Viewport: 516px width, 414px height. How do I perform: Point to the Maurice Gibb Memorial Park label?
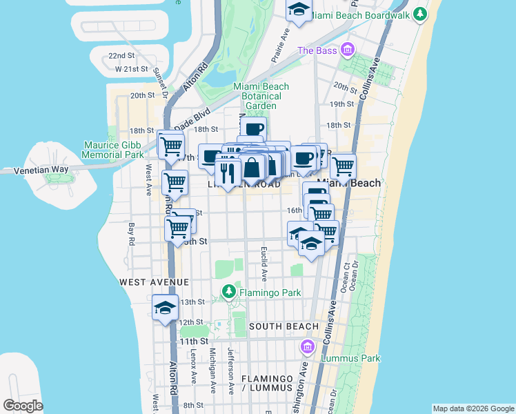coord(114,150)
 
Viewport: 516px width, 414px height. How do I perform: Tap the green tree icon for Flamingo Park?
coord(228,293)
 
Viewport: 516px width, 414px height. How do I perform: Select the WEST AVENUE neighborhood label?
coord(154,282)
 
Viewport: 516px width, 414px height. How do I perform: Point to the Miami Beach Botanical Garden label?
coord(261,96)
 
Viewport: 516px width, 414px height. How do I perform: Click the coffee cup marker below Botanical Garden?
coord(254,128)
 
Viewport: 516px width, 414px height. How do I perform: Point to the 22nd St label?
coord(121,55)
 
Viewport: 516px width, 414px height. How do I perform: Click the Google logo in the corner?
coord(23,406)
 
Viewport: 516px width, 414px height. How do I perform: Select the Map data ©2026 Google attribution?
coord(473,408)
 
